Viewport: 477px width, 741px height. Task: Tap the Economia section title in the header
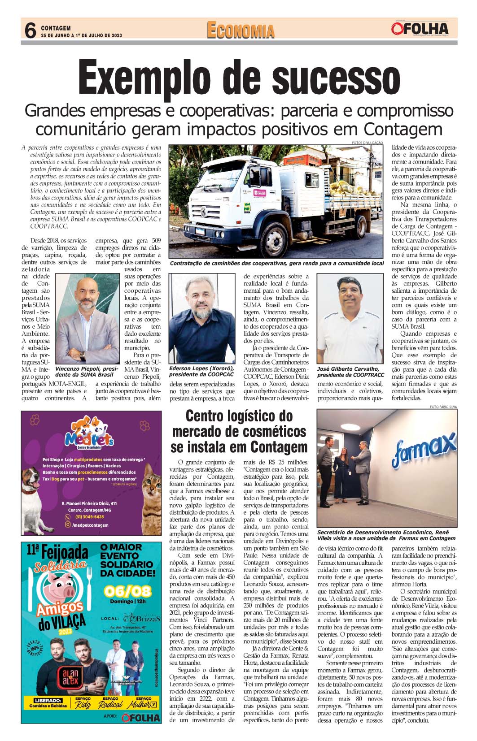[241, 30]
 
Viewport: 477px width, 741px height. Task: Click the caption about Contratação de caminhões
[276, 263]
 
